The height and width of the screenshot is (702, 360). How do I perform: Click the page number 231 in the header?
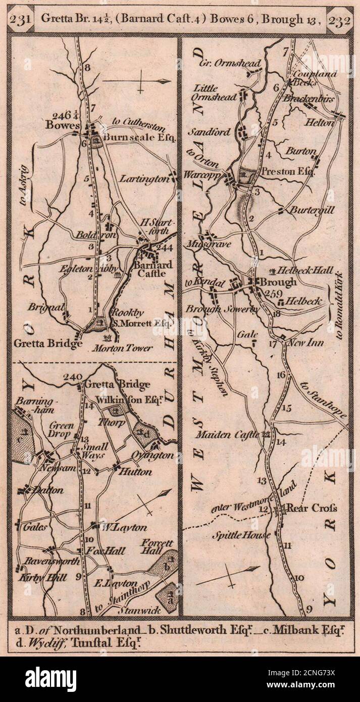coord(22,21)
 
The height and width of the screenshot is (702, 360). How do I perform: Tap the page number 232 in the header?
coord(339,21)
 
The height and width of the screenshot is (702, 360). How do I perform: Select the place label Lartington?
coord(144,179)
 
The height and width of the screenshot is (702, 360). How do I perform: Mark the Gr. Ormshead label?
coord(230,63)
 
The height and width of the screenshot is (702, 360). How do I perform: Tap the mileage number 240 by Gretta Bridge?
coord(73,376)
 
